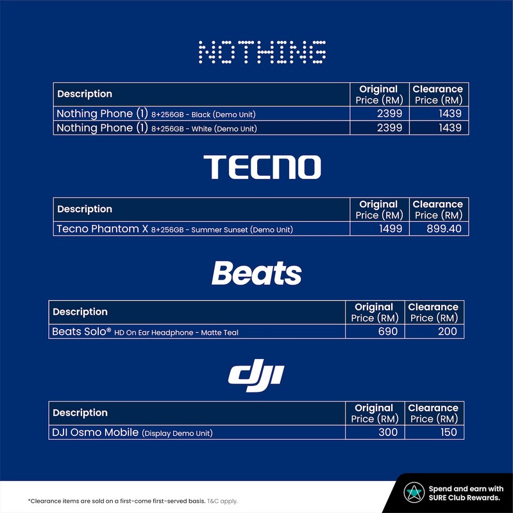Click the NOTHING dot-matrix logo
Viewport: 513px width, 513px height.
(262, 52)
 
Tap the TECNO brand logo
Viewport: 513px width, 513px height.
(262, 167)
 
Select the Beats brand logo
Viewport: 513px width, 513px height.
(256, 273)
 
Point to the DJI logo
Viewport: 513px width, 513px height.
(256, 375)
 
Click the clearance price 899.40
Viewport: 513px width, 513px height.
(444, 229)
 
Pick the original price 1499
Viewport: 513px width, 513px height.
(391, 229)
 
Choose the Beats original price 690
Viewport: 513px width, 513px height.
(388, 332)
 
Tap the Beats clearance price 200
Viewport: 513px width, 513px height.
(447, 332)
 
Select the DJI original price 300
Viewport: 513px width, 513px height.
(388, 432)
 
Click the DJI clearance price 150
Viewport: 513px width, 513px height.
(448, 432)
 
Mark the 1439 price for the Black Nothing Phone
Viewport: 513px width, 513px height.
(450, 114)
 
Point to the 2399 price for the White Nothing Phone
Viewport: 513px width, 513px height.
(389, 128)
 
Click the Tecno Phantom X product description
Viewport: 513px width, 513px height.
(174, 229)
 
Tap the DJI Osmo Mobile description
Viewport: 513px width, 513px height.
(132, 432)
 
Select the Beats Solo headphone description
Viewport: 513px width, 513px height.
(146, 332)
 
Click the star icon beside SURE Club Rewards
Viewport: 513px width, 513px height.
(414, 492)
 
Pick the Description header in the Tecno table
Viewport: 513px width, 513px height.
(85, 209)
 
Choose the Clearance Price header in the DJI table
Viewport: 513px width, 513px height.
(434, 413)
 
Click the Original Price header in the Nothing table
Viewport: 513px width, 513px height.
(379, 94)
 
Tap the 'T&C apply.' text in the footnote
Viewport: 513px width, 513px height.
(223, 501)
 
